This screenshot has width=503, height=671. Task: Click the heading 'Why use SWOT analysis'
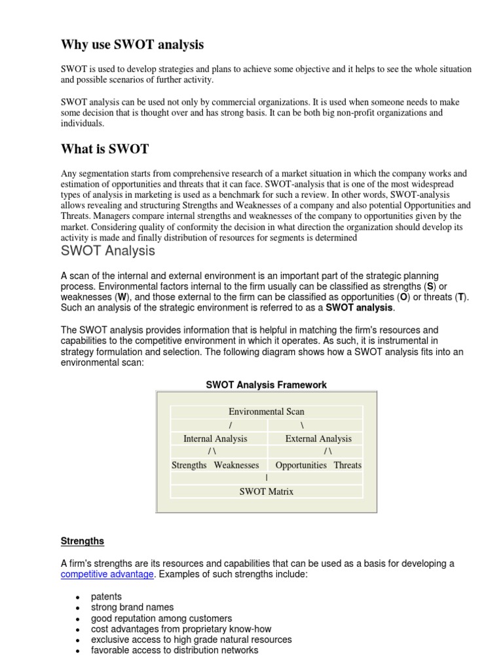pyautogui.click(x=132, y=45)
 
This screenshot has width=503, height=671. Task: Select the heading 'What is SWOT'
pyautogui.click(x=105, y=149)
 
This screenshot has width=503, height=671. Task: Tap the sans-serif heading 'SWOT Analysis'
pyautogui.click(x=108, y=251)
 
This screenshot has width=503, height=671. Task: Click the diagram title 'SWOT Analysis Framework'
pyautogui.click(x=266, y=385)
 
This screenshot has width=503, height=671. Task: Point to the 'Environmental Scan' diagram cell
pyautogui.click(x=266, y=412)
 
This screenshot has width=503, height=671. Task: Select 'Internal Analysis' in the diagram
pyautogui.click(x=215, y=438)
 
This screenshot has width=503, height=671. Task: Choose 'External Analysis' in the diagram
pyautogui.click(x=318, y=438)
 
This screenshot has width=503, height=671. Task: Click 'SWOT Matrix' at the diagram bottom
pyautogui.click(x=266, y=491)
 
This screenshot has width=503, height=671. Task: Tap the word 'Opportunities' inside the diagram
pyautogui.click(x=301, y=465)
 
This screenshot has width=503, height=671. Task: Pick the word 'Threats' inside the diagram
pyautogui.click(x=347, y=465)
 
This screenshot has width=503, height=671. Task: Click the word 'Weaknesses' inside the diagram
pyautogui.click(x=236, y=465)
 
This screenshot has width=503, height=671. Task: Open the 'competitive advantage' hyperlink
pyautogui.click(x=107, y=574)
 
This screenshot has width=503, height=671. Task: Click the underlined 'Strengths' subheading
pyautogui.click(x=83, y=541)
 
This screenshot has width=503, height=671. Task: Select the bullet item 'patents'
pyautogui.click(x=106, y=596)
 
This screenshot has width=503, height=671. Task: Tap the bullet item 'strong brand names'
pyautogui.click(x=129, y=607)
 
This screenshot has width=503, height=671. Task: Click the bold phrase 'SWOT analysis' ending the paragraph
pyautogui.click(x=360, y=307)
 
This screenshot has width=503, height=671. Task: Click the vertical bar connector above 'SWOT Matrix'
pyautogui.click(x=266, y=478)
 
